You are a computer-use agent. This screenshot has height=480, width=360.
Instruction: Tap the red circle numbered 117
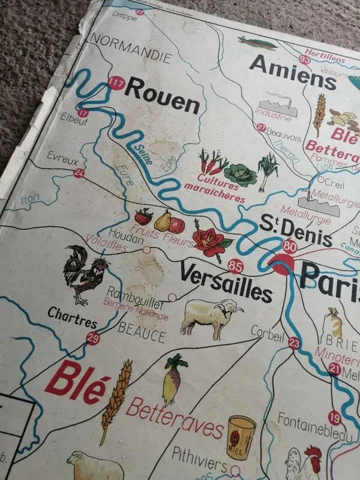pos(115,84)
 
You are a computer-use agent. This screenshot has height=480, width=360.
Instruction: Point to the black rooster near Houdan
pos(85,274)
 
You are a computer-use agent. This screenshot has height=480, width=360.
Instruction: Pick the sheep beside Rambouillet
pos(211,316)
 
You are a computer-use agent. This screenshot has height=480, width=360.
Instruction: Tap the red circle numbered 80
pos(290,245)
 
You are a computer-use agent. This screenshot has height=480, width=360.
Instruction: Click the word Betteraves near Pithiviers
pos(174,419)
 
